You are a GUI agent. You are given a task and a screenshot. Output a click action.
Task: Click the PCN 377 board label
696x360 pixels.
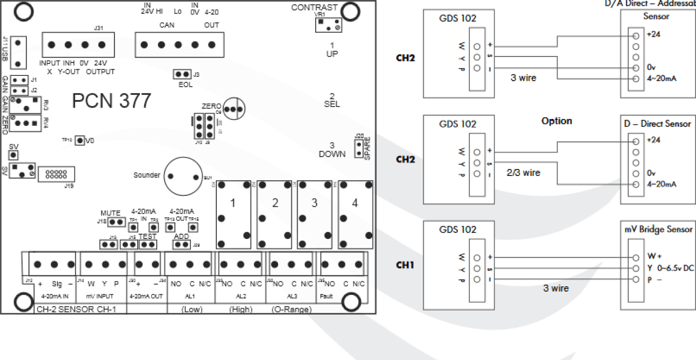pos(112,101)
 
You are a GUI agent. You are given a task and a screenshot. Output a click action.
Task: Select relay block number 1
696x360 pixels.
pos(233,203)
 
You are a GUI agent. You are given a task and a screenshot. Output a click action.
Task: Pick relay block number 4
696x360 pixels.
pos(354,203)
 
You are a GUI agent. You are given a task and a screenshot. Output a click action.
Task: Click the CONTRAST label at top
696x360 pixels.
pos(314,8)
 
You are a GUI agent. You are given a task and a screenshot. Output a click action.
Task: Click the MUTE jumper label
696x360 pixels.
pos(110,213)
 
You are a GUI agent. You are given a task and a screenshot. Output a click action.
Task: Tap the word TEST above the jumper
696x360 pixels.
pos(147,236)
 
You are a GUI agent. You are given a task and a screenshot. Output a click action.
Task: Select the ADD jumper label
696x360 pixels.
pos(181,236)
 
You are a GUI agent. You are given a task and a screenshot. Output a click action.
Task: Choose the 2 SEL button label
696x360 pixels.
pos(332,100)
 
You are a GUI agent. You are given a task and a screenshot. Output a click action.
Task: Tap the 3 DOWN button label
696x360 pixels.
pos(332,149)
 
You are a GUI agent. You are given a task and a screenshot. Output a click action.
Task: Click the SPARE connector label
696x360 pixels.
pos(368,147)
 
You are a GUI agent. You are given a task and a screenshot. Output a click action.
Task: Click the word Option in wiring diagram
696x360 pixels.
pos(557,121)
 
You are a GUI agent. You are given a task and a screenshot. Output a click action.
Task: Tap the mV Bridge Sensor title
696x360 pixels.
pos(658,230)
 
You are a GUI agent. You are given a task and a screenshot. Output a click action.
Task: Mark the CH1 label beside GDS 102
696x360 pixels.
pos(406,265)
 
